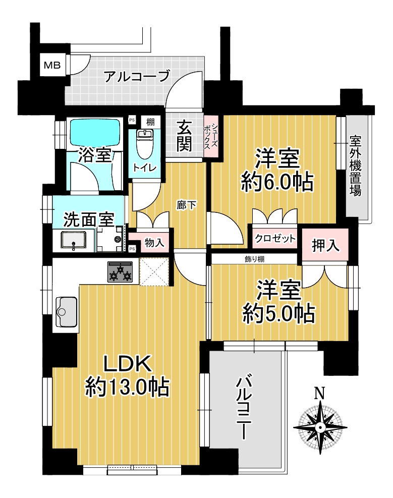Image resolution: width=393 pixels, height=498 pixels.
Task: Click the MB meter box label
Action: (52, 66)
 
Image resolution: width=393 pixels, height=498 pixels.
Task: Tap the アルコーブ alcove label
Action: (137, 76)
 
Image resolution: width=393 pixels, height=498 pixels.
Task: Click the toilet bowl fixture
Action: (144, 144)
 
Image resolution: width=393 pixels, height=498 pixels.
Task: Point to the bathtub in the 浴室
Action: (95, 132)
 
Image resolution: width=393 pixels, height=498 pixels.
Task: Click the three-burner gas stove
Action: (120, 272)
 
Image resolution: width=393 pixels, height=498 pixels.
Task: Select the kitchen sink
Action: (66, 312)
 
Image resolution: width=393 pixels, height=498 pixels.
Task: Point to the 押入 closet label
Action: (325, 246)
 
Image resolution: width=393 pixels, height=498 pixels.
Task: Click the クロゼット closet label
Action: (275, 238)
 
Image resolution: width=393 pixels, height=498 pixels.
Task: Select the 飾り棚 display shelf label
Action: (254, 259)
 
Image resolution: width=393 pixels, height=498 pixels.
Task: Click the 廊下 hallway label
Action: (186, 205)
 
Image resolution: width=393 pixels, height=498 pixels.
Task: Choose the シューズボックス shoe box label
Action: (211, 136)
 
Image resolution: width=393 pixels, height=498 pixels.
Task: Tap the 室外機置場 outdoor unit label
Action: (356, 166)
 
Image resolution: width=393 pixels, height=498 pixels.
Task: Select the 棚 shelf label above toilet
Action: (150, 122)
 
